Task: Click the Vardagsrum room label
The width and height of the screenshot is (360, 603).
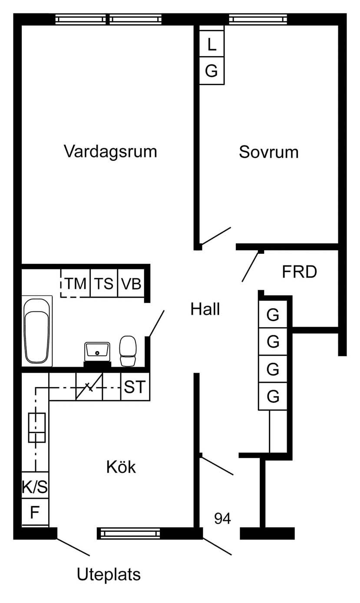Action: (x=110, y=152)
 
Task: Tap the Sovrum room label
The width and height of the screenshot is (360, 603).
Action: (x=268, y=152)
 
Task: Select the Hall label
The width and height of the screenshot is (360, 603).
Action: (x=205, y=309)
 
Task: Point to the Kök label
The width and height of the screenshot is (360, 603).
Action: (x=121, y=467)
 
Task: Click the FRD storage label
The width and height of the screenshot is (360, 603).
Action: (x=299, y=272)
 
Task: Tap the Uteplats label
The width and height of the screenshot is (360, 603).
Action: (x=109, y=574)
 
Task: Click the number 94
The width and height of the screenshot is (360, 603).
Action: (x=222, y=518)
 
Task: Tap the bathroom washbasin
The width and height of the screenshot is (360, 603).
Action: (x=97, y=350)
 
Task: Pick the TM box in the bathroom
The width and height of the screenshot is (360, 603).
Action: (x=76, y=284)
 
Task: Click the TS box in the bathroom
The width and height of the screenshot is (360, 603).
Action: (x=104, y=284)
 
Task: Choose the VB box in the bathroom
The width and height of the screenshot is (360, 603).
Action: (x=131, y=284)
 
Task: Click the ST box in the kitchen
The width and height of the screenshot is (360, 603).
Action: (x=135, y=387)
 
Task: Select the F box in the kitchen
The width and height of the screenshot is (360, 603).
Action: (x=35, y=513)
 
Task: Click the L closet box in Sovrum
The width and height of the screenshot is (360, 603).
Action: (x=211, y=44)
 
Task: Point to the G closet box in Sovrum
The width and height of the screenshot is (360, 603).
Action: (x=211, y=70)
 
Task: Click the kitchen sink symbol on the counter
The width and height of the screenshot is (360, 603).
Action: (x=37, y=427)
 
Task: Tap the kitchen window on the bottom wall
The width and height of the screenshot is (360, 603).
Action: (x=129, y=533)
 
